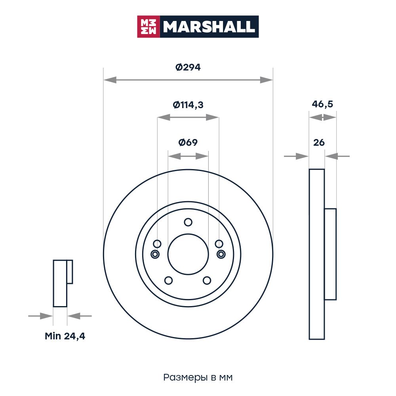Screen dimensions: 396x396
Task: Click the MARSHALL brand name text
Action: tap(209, 27)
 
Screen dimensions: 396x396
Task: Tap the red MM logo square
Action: tap(148, 27)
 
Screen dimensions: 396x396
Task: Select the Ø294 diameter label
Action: tap(188, 67)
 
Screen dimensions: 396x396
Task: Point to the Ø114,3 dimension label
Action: tap(188, 105)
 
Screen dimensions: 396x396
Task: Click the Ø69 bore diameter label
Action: tap(188, 143)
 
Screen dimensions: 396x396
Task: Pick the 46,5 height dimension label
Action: tap(322, 104)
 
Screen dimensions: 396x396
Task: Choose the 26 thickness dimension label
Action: tap(319, 143)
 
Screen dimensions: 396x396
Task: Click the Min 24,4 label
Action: tap(65, 336)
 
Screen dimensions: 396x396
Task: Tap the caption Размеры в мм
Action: tap(198, 377)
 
